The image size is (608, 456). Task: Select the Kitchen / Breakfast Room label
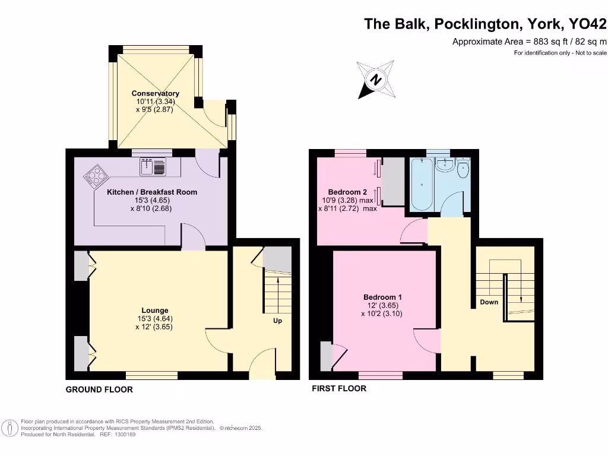(151, 192)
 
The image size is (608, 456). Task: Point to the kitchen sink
(156, 167)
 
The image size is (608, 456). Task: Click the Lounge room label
(154, 310)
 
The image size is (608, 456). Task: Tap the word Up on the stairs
(277, 321)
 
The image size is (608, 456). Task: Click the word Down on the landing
(489, 302)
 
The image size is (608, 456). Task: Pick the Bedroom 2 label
(347, 192)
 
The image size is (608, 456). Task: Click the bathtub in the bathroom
(422, 184)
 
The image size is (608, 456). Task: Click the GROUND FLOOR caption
(99, 389)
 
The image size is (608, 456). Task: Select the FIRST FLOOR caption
(339, 388)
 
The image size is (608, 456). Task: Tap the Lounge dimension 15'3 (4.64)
(154, 318)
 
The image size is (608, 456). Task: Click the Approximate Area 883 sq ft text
(529, 42)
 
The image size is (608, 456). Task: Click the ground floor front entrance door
(261, 366)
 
